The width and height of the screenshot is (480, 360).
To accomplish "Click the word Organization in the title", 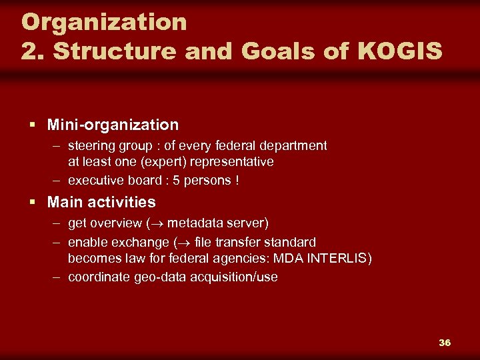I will pyautogui.click(x=104, y=22).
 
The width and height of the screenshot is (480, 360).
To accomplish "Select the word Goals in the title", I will pyautogui.click(x=249, y=51).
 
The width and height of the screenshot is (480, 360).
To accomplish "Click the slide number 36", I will pyautogui.click(x=445, y=343).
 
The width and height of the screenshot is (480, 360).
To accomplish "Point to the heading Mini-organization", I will pyautogui.click(x=113, y=125).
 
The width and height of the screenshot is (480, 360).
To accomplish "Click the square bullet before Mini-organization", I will pyautogui.click(x=32, y=125).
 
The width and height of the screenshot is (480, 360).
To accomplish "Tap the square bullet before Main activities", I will pyautogui.click(x=32, y=202).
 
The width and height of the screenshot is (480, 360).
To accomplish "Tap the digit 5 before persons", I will pyautogui.click(x=176, y=180).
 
